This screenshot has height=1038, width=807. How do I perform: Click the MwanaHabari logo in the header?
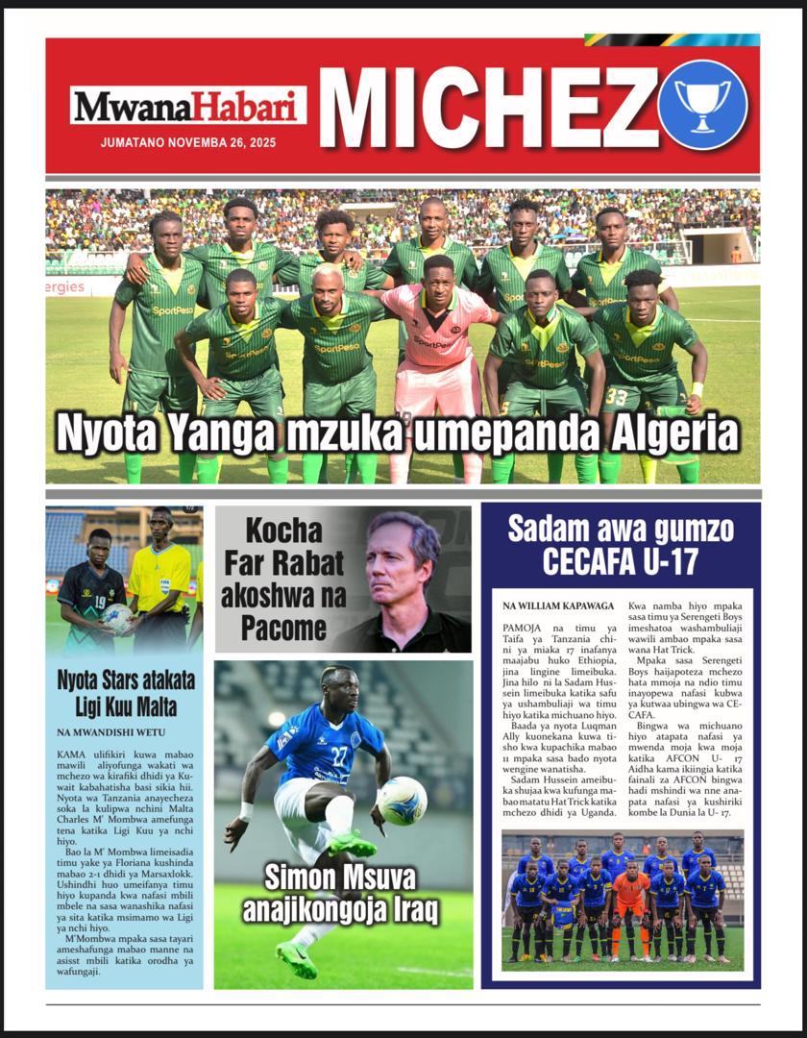187,106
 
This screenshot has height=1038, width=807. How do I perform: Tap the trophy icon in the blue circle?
702,104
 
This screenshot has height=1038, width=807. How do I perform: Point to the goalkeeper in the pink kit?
437,336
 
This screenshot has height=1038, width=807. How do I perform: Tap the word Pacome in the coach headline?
275,630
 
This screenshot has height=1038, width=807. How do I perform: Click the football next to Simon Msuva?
402,801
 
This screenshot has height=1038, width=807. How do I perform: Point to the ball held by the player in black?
116,617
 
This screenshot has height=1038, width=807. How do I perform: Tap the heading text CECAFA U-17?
620,561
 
